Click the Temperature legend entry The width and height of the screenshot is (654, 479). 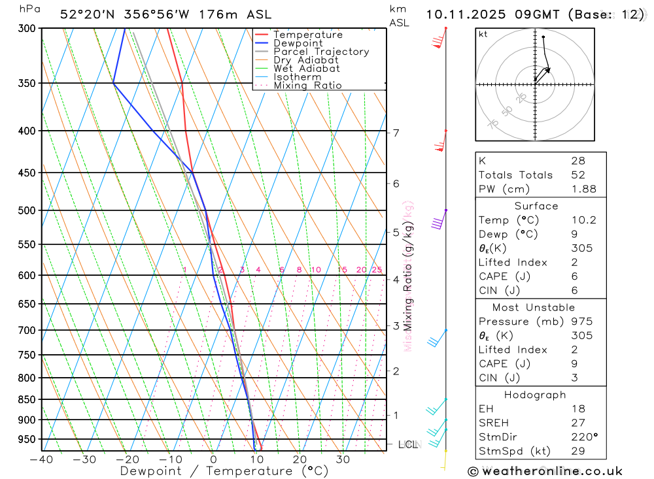(x=307, y=35)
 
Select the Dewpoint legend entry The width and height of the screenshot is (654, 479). (x=298, y=43)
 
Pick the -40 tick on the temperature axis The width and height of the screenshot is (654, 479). (x=41, y=459)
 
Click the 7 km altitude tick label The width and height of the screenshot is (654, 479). (x=396, y=133)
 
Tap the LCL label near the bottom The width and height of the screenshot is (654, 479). (x=407, y=445)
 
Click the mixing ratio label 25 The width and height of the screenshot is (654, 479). (x=377, y=270)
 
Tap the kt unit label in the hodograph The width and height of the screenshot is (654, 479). (x=483, y=35)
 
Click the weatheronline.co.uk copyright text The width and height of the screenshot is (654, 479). (x=545, y=471)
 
